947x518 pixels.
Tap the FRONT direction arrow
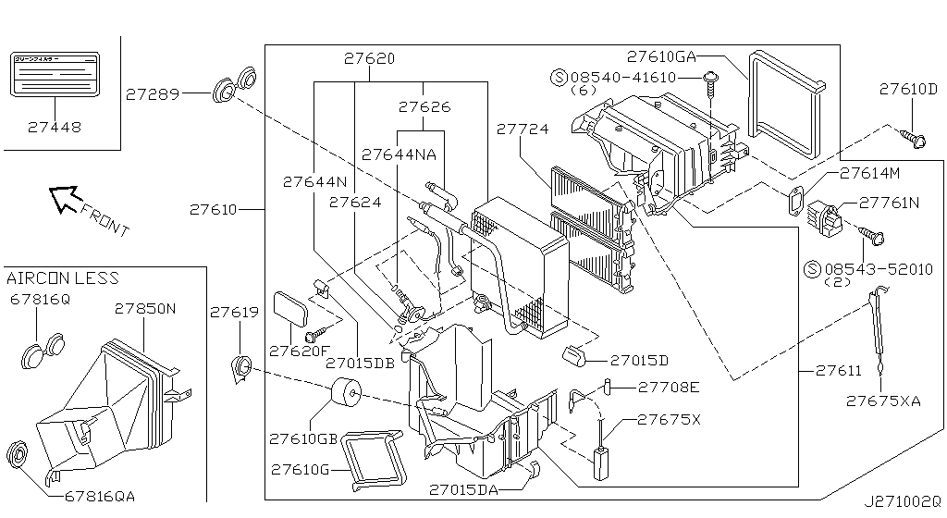[x=67, y=198]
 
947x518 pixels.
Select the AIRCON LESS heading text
[x=63, y=278]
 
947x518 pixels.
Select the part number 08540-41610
[x=630, y=77]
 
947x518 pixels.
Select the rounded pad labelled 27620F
[x=294, y=308]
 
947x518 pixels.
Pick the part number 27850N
[x=144, y=308]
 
